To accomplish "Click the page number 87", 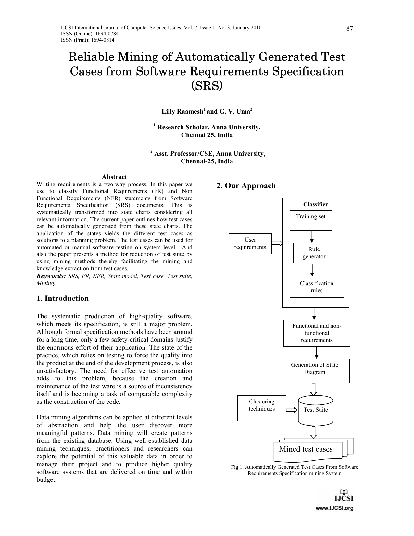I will click(349, 29).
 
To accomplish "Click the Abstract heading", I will click(114, 177).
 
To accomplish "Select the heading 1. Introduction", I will click(63, 298).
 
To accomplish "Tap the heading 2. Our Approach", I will click(246, 185).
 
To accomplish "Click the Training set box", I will click(310, 221).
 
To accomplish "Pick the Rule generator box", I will click(314, 253).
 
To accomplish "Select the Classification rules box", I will click(316, 287).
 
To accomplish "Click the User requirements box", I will click(250, 244).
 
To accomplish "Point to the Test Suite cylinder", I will click(315, 410).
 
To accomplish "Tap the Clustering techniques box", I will click(261, 408).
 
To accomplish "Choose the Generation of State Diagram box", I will click(314, 371).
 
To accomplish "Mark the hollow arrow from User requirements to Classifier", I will click(277, 243).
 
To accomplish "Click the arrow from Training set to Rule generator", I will click(312, 237).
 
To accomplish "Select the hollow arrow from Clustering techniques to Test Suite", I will click(292, 410).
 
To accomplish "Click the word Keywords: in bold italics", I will click(51, 276).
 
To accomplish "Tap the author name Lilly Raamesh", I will click(182, 112).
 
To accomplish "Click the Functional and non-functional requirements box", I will click(317, 333).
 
